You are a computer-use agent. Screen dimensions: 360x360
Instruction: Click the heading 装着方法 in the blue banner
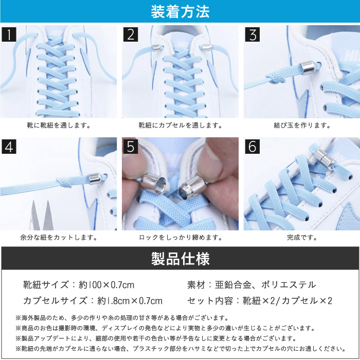point(180,12)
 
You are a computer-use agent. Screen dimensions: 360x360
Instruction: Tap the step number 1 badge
point(9,34)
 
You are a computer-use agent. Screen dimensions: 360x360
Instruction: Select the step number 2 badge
point(131,34)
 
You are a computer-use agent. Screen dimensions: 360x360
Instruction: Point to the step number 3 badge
point(253,34)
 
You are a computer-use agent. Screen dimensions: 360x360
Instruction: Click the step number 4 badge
point(9,146)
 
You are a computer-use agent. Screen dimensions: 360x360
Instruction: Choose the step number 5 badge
point(131,146)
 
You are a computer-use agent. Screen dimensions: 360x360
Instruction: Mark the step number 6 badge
point(253,146)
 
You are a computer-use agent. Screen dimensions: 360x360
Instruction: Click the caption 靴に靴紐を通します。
point(59,125)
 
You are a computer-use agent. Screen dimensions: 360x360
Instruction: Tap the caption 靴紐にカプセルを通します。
point(181,125)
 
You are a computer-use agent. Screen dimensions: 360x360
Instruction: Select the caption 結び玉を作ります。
point(302,125)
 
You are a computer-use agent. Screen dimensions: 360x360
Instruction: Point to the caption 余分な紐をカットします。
point(59,238)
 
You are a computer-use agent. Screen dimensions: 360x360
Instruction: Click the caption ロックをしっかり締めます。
point(181,238)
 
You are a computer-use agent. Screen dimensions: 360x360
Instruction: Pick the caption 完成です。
point(302,238)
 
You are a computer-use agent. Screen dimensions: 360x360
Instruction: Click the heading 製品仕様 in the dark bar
point(180,259)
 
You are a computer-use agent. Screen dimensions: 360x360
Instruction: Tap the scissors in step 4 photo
point(42,215)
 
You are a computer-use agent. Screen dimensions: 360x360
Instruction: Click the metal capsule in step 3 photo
point(308,67)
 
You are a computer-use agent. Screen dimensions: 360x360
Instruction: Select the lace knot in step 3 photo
point(277,77)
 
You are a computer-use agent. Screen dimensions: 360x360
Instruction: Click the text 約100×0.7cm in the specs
point(106,285)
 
